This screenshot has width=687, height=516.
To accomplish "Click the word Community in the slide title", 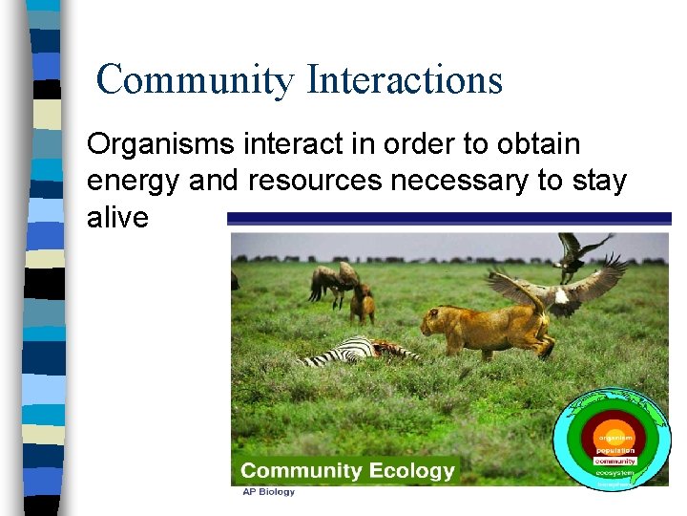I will [196, 79].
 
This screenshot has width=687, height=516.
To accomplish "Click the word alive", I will [117, 218].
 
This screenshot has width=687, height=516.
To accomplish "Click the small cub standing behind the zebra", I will [362, 305].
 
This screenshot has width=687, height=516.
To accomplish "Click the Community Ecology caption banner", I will [347, 470].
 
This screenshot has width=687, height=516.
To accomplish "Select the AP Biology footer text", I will [268, 492].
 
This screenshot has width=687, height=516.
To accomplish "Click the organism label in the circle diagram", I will [615, 438].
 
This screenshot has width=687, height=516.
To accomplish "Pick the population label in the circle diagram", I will [615, 450].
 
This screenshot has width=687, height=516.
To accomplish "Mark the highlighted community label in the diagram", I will [615, 462].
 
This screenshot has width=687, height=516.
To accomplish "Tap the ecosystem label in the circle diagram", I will [615, 473].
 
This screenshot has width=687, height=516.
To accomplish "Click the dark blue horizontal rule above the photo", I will [448, 219].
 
